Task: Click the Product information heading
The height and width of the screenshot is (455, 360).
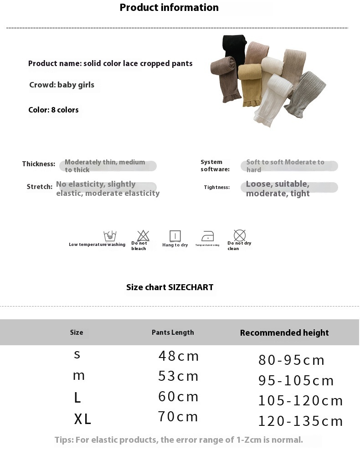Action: pyautogui.click(x=169, y=8)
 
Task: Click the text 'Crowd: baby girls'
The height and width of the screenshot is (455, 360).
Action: pyautogui.click(x=62, y=85)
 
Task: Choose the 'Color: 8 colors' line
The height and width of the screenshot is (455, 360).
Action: pyautogui.click(x=53, y=110)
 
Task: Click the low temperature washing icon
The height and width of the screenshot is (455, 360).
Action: pyautogui.click(x=110, y=235)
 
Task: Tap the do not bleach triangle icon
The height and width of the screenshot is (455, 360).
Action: pyautogui.click(x=143, y=235)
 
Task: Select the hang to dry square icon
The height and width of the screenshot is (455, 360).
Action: pyautogui.click(x=175, y=236)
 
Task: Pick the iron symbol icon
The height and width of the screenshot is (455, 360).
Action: pyautogui.click(x=207, y=236)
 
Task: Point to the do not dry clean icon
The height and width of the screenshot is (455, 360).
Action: pyautogui.click(x=240, y=235)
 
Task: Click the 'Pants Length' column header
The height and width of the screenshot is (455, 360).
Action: pyautogui.click(x=173, y=332)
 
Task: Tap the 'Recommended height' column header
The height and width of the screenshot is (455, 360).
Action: pyautogui.click(x=284, y=333)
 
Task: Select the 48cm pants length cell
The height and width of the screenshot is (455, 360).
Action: pyautogui.click(x=179, y=356)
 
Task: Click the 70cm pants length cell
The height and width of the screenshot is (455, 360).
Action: pyautogui.click(x=178, y=417)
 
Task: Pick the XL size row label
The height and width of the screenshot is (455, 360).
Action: pyautogui.click(x=82, y=419)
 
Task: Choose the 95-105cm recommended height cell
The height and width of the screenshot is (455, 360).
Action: pyautogui.click(x=296, y=380)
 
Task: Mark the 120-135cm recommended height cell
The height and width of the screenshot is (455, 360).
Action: pyautogui.click(x=300, y=421)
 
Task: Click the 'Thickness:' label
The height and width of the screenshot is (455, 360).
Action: pyautogui.click(x=39, y=164)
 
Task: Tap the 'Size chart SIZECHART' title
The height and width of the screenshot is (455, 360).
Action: pyautogui.click(x=170, y=287)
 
